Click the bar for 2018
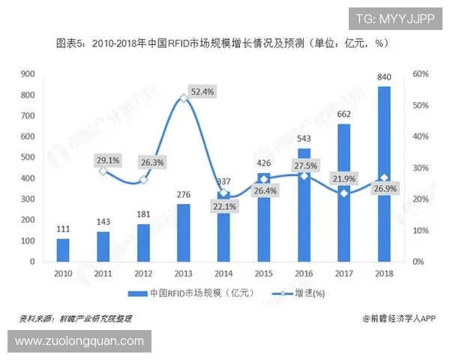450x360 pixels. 383,174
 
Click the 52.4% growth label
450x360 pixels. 202,91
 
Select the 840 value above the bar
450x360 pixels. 383,77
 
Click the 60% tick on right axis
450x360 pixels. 420,73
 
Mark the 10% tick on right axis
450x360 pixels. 420,230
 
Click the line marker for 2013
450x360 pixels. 183,97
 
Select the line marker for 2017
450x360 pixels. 343,193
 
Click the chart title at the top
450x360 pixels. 222,43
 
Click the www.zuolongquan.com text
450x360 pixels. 79,341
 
